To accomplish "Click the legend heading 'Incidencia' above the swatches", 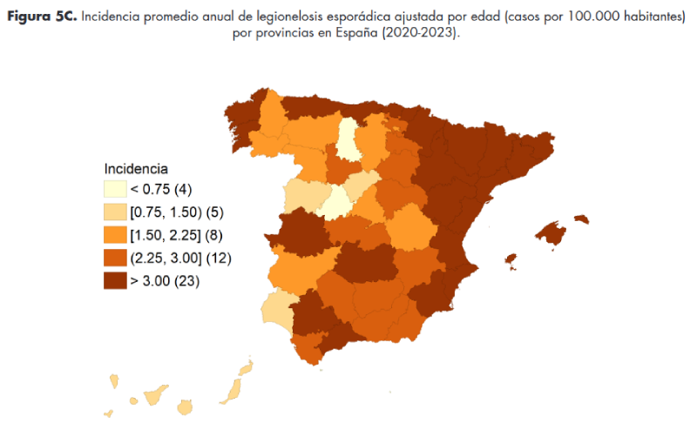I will pos(136,168).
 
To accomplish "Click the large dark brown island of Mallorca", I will pos(551,233).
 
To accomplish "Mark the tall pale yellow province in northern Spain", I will pos(348,141).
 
